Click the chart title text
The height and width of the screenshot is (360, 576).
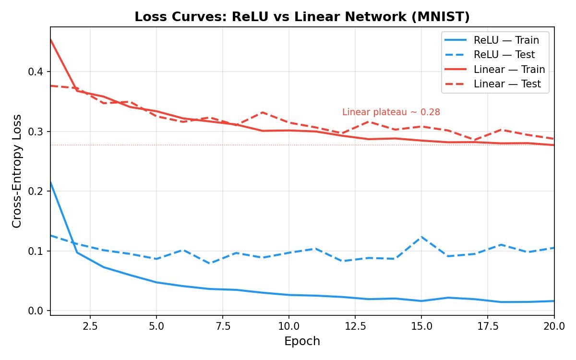[302, 17]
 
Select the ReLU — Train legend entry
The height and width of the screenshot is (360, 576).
[506, 40]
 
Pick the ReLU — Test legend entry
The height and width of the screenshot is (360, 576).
[504, 55]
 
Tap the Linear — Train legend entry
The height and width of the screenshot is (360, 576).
[509, 70]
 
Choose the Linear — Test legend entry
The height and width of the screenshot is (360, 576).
[507, 84]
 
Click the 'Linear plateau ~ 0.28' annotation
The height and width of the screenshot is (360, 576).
[391, 112]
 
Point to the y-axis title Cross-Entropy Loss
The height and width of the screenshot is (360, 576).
[17, 171]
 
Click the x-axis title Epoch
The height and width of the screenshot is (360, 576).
[302, 341]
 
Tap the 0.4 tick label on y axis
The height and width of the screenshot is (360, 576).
[35, 72]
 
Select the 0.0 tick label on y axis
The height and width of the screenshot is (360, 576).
[35, 311]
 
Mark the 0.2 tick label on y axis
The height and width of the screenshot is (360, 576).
[35, 192]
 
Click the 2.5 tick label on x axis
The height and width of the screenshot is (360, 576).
[90, 326]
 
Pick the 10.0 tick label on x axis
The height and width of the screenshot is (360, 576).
[288, 326]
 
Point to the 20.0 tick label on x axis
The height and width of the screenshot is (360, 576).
[554, 326]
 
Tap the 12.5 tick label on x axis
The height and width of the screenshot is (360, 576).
[355, 326]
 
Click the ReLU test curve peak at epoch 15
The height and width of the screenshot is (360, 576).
[421, 237]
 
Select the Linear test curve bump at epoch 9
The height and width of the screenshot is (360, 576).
[263, 112]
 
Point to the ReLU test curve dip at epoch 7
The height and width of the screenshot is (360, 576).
[210, 264]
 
